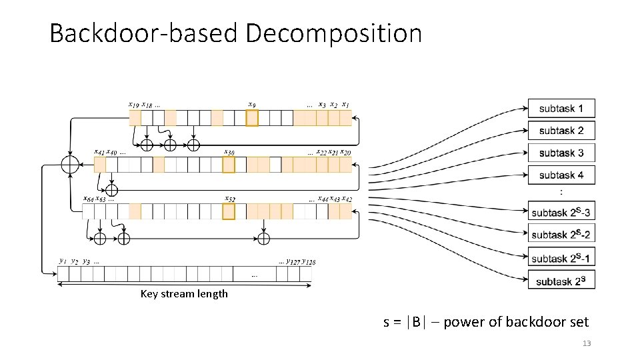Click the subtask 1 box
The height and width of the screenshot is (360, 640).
561,108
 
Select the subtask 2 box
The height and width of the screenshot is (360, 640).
561,131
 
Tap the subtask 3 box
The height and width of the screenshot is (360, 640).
561,153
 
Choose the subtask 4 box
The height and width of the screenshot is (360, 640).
561,175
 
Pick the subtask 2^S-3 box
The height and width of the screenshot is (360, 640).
561,213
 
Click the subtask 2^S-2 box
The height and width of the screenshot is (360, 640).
561,234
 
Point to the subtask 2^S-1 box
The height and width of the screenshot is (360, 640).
561,258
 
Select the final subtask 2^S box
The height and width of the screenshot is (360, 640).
561,280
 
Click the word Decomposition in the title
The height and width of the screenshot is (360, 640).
333,33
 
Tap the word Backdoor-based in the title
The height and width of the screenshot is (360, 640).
143,33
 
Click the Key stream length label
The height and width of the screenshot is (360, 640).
184,294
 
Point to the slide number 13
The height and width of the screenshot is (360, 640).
587,343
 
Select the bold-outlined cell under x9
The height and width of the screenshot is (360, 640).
251,118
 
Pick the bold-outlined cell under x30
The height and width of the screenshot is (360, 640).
229,165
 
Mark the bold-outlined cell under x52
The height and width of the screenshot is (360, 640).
229,211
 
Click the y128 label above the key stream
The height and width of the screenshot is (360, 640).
309,262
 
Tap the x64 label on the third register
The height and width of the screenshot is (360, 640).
88,199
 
